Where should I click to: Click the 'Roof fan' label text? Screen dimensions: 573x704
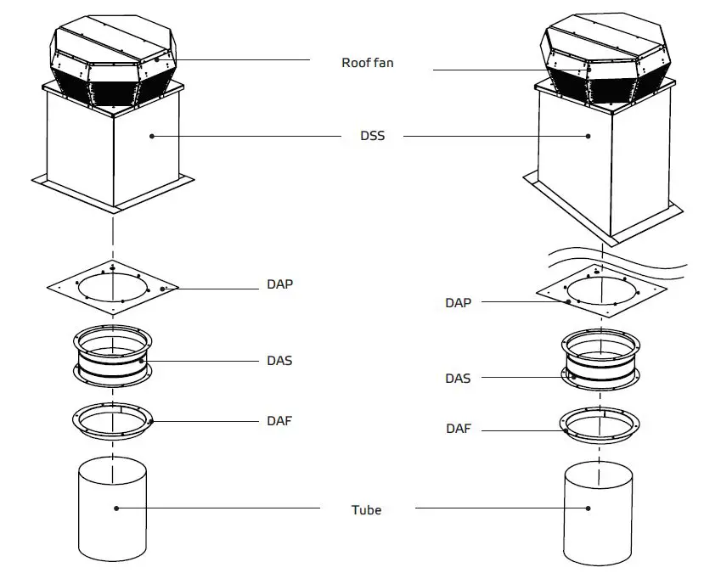point(367,63)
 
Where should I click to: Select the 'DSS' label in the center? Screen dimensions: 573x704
point(372,136)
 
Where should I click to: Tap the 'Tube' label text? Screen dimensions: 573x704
point(366,510)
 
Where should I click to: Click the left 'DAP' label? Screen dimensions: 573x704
point(279,284)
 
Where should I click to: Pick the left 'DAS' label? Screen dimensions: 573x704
point(279,361)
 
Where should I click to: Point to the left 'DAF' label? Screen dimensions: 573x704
point(279,421)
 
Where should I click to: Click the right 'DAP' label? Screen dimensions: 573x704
point(458,302)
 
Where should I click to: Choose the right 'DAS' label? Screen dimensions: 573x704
point(458,379)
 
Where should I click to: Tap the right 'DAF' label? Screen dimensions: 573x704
point(458,430)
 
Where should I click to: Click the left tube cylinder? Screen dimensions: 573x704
point(112,509)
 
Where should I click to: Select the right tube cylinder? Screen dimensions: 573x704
point(598,513)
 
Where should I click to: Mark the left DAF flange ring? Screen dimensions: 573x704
point(111,421)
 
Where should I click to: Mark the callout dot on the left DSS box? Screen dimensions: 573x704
point(152,135)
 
